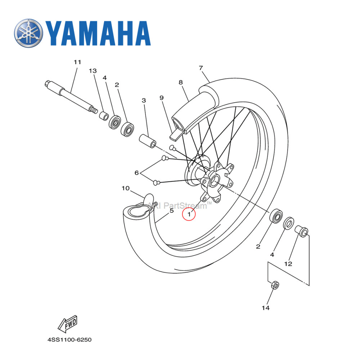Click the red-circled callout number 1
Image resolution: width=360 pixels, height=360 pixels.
(189, 214)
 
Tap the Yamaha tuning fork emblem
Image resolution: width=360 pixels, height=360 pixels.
(29, 33)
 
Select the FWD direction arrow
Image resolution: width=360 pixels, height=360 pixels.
(68, 324)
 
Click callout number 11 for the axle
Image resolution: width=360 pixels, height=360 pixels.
(77, 62)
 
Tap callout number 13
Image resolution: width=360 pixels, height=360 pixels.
(93, 71)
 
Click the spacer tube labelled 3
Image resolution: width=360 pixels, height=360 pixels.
(147, 141)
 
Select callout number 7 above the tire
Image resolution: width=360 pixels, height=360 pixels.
(211, 68)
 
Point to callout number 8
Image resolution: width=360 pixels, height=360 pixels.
(181, 82)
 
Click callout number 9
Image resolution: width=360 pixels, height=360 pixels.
(162, 98)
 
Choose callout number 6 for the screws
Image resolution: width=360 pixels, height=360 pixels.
(137, 173)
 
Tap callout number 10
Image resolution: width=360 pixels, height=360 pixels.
(125, 188)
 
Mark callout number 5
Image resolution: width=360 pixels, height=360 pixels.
(172, 211)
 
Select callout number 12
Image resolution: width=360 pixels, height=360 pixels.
(288, 264)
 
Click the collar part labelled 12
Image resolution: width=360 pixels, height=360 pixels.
(301, 231)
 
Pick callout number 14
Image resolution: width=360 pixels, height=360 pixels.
(266, 308)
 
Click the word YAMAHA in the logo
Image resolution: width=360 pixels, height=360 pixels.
(98, 33)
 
